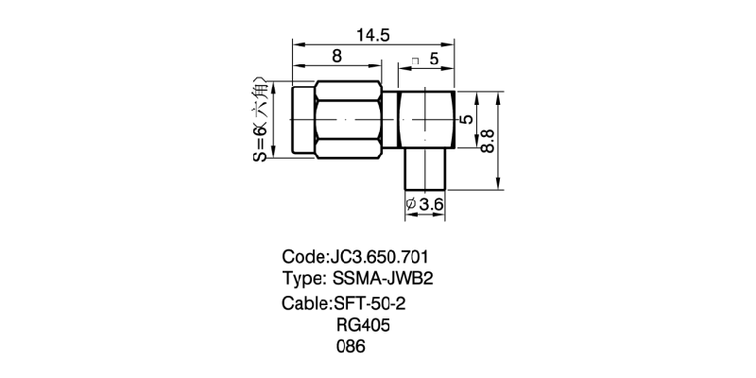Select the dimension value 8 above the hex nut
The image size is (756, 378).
(x=337, y=57)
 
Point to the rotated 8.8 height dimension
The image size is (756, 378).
(x=489, y=143)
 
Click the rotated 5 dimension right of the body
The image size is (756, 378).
(x=466, y=120)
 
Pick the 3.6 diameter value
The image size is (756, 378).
(x=431, y=204)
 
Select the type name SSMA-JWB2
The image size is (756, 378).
(x=383, y=279)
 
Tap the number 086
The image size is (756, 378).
(x=351, y=347)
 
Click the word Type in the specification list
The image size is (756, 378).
(x=303, y=279)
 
